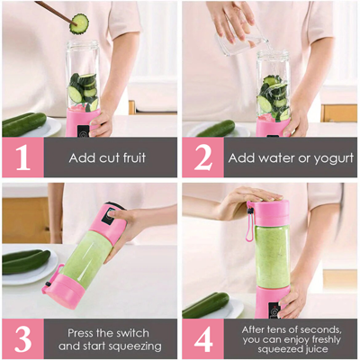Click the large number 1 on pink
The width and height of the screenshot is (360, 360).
(22, 157)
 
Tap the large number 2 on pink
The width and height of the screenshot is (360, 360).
(202, 157)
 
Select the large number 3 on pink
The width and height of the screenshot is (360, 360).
(22, 337)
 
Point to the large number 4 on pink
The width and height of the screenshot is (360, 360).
(202, 337)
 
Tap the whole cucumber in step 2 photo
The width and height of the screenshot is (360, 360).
(216, 128)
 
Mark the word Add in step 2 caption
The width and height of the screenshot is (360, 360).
(242, 157)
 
